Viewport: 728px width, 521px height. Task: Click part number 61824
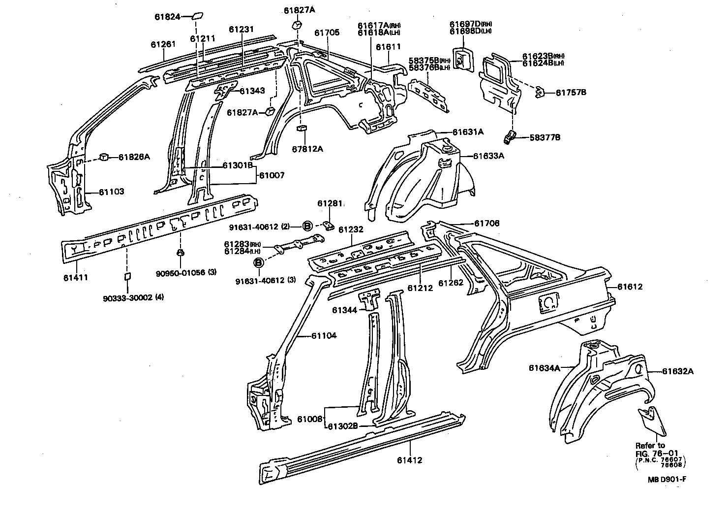pos(165,16)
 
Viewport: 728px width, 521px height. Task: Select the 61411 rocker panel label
pos(75,277)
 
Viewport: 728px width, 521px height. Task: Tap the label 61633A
pos(489,156)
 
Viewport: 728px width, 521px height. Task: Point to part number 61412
pos(410,460)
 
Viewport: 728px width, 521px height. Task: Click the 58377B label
pos(545,137)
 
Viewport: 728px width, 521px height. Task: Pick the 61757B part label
pos(571,92)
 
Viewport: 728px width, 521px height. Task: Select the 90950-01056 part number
pos(181,272)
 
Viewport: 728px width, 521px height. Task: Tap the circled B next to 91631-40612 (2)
pos(307,226)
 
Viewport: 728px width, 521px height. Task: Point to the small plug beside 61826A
pos(104,157)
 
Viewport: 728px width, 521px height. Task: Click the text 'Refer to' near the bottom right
pos(650,445)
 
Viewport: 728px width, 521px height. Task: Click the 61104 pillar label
pos(324,336)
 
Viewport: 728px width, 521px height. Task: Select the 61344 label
pos(345,310)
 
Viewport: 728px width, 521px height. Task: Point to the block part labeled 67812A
pos(301,129)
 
